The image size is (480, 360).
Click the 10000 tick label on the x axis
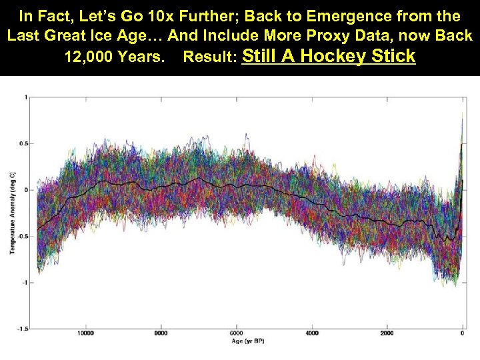(x=85, y=333)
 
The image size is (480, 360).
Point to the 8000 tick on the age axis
(x=160, y=333)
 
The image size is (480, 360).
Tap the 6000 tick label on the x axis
(x=236, y=333)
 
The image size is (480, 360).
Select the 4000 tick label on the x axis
(x=311, y=333)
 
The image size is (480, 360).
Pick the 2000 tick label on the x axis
(x=387, y=333)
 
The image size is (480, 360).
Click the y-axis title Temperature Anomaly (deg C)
(x=11, y=213)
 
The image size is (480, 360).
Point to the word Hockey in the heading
(x=334, y=57)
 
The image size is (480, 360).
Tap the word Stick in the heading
(x=391, y=57)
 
